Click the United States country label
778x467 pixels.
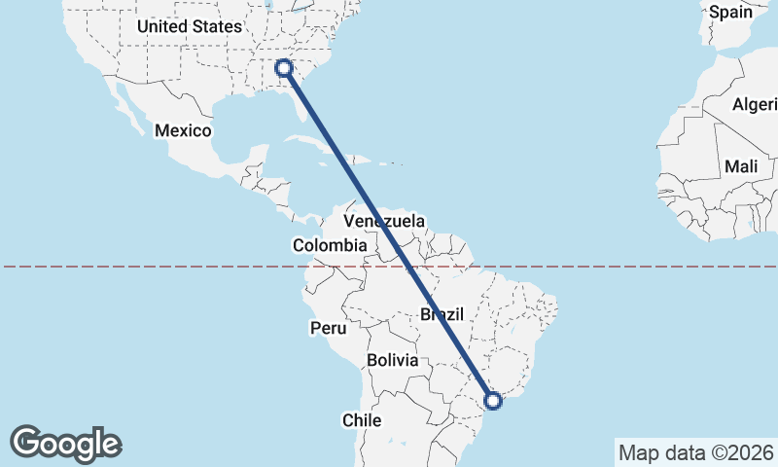click(x=189, y=27)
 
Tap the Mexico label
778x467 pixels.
click(x=183, y=130)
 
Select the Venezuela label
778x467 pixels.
click(x=384, y=222)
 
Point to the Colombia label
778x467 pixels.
click(x=330, y=246)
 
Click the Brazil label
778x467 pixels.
click(x=442, y=314)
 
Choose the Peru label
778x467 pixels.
click(x=329, y=328)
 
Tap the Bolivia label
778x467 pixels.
click(x=393, y=360)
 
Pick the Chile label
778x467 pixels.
click(x=361, y=420)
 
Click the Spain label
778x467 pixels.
click(x=730, y=12)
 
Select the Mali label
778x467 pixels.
click(x=741, y=166)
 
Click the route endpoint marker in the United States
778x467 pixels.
click(x=284, y=67)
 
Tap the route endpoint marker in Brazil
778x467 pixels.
click(x=493, y=400)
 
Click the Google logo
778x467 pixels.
click(x=65, y=444)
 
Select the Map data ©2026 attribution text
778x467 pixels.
click(x=695, y=452)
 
